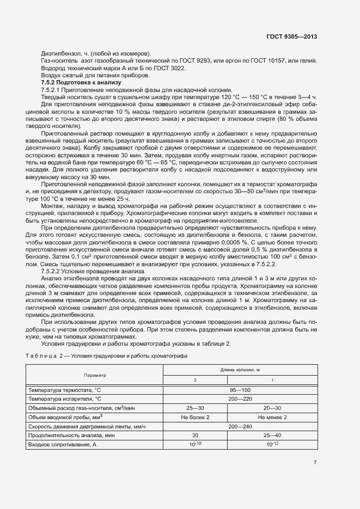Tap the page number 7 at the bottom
(315, 463)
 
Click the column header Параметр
(95, 375)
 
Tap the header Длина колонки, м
(240, 370)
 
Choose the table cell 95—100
(240, 390)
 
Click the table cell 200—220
(240, 398)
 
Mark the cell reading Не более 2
(195, 417)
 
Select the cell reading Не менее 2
(272, 417)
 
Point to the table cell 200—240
(240, 426)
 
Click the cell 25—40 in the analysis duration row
(272, 436)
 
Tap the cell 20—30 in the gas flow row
(272, 408)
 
